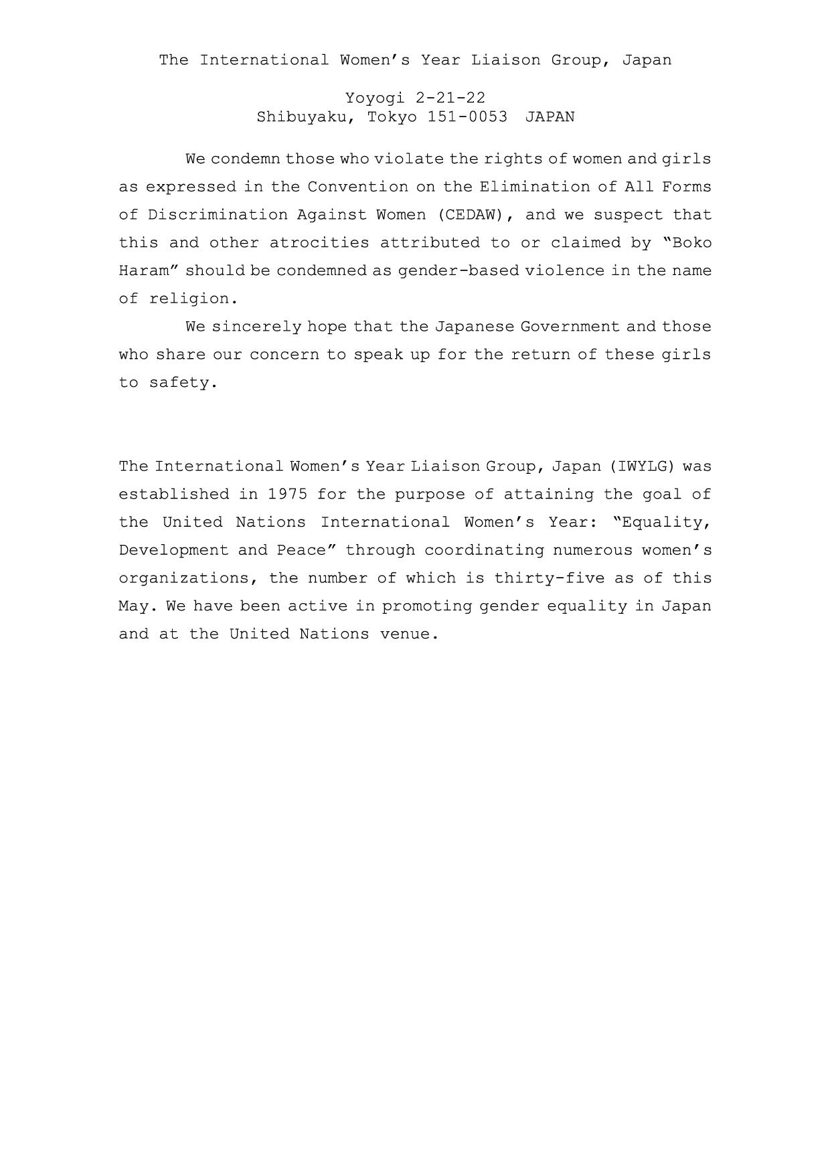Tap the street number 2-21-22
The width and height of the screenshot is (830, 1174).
[450, 98]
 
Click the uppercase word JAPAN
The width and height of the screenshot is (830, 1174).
[550, 117]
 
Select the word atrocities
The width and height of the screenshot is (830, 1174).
[319, 243]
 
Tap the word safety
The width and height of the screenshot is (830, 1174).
[183, 383]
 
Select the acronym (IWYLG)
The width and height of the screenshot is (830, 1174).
[642, 467]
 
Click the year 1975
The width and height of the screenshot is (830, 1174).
[288, 495]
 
